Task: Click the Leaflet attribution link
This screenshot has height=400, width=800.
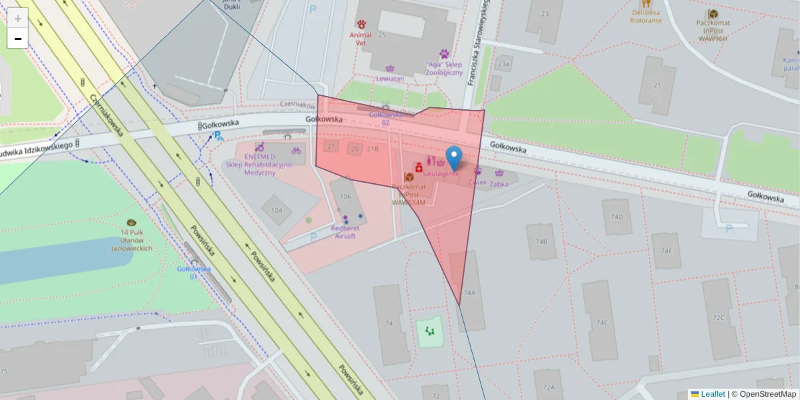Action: [x=713, y=394]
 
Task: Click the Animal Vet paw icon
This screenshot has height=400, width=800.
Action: [x=361, y=24]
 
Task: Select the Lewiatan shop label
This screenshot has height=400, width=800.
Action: [x=390, y=78]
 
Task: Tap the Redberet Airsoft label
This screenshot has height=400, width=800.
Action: [x=345, y=231]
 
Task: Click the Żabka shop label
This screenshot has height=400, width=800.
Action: [x=499, y=183]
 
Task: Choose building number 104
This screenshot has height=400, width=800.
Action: [x=277, y=210]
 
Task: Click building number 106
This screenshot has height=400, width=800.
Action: [x=345, y=197]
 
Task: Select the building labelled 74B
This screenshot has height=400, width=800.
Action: [x=541, y=242]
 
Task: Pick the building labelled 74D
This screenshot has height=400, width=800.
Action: [x=617, y=217]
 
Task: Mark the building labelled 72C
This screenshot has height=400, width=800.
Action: [x=718, y=317]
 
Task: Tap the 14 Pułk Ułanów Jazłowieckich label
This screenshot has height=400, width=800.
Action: [x=131, y=239]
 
